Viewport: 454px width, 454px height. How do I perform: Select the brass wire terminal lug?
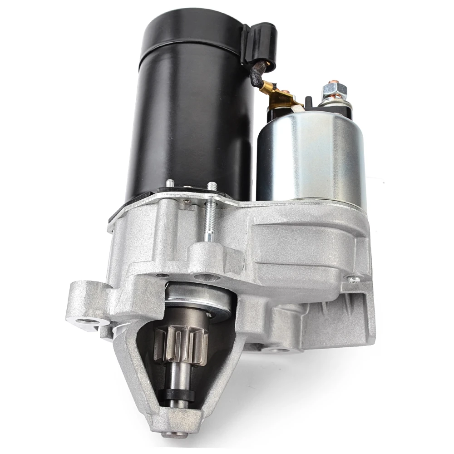pyautogui.click(x=278, y=96)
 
